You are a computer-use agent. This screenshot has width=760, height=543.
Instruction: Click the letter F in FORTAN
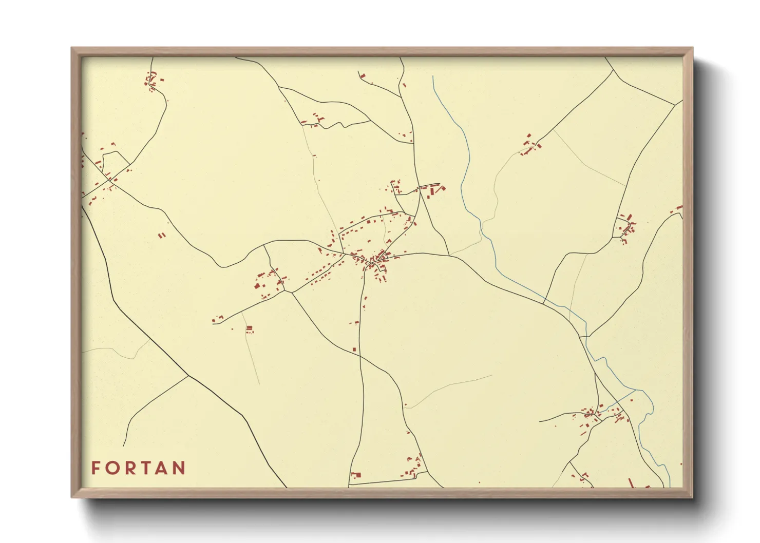pos(96,468)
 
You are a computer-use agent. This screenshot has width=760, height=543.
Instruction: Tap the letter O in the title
pos(112,468)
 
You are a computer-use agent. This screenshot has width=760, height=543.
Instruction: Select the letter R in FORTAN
pos(129,468)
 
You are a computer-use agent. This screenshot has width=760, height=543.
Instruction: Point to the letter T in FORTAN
pos(145,468)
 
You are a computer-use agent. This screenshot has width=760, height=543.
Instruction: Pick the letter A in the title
pos(161,468)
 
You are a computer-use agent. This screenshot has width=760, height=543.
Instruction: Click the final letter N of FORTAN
pos(179,468)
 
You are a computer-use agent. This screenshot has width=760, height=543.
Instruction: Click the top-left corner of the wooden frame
pos(72,48)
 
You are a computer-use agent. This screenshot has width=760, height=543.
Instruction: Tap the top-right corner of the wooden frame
pos(692,48)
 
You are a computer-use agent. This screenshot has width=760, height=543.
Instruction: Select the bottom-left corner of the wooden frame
pos(72,497)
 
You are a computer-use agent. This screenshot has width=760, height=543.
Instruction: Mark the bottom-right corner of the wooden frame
pos(692,497)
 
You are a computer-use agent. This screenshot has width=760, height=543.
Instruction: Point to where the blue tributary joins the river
pos(637,390)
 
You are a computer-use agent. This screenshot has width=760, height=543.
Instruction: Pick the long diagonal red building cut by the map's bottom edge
pos(631,482)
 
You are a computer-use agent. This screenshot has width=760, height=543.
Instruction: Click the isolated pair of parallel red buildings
pos(162,236)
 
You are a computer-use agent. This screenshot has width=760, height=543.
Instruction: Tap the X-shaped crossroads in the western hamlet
pos(109,179)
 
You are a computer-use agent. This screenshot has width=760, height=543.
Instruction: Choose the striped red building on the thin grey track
pos(250,329)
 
